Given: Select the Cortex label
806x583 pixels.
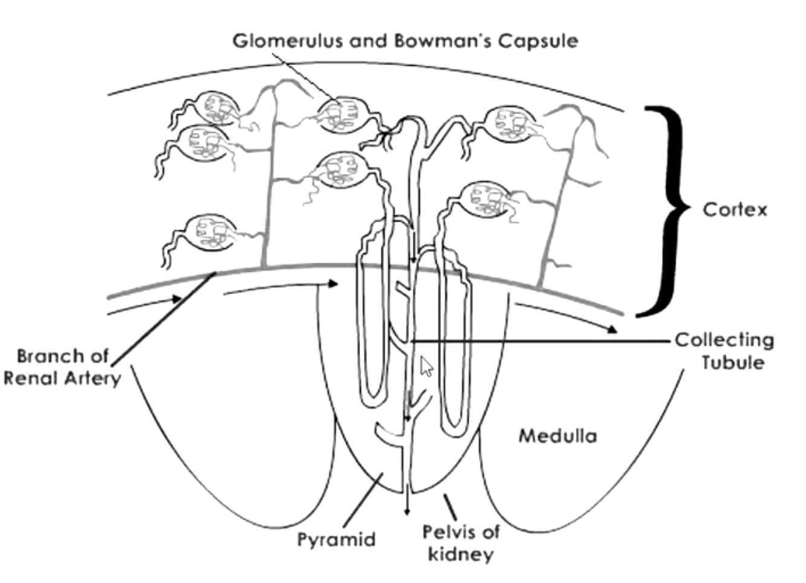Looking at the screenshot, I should (735, 210).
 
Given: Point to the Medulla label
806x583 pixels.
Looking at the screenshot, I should (558, 436).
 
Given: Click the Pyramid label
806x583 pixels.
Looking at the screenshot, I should (337, 539).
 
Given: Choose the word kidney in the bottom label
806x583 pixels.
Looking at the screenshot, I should (460, 554).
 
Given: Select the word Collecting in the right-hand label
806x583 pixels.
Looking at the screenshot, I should (724, 340).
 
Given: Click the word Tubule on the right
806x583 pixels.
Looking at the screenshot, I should (733, 362).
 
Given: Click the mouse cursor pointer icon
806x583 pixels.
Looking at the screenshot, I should (427, 366).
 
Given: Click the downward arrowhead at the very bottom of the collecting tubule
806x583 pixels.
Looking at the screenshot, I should (407, 512).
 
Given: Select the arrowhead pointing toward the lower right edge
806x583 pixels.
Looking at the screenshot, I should (612, 330).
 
